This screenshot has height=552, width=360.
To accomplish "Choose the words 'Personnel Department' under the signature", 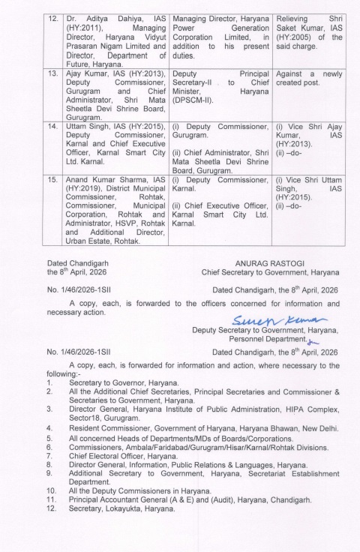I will coord(267,338).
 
